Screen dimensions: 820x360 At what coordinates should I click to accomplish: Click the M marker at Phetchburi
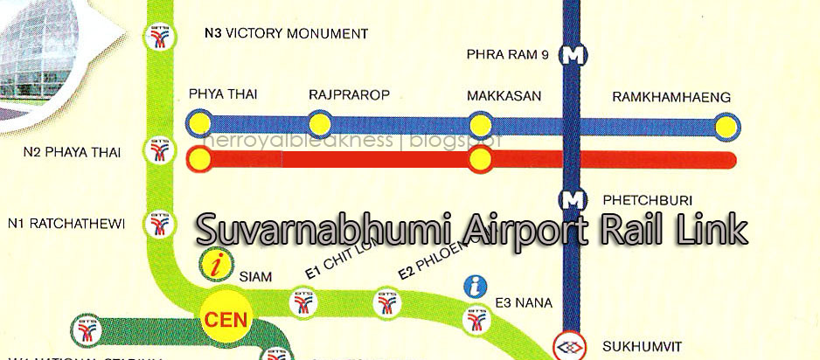pyautogui.click(x=573, y=199)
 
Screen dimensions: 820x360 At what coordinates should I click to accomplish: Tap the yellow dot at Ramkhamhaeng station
pyautogui.click(x=725, y=127)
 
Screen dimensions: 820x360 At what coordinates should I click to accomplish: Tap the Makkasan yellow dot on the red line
pyautogui.click(x=479, y=160)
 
